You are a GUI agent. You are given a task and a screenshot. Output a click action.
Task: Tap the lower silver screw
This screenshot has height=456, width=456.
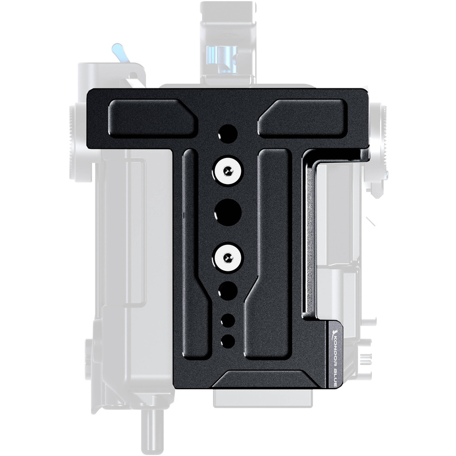point(227,256)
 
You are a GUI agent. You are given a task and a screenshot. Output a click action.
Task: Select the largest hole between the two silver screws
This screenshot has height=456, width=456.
point(227,212)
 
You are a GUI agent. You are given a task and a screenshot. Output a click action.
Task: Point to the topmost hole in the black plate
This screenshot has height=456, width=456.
point(227,134)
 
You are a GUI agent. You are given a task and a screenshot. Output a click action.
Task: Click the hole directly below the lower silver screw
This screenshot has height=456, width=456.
point(227,289)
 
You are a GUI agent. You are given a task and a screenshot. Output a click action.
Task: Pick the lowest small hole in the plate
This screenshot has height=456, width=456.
point(227,341)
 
